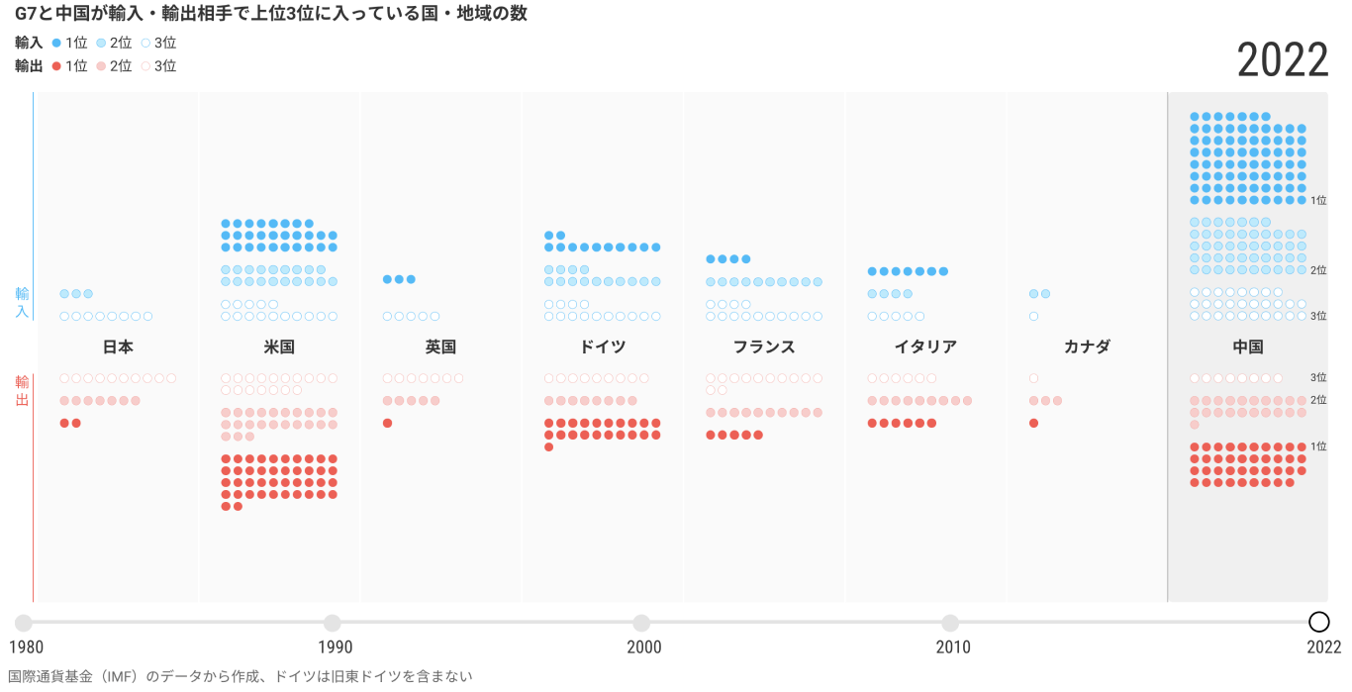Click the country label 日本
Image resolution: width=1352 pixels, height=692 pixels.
[x=118, y=346]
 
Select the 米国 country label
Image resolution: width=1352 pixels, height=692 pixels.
[x=279, y=346]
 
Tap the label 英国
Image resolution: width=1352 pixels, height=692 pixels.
[x=440, y=346]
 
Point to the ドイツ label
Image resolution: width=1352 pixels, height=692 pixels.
[x=602, y=346]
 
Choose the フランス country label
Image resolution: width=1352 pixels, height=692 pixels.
[x=764, y=346]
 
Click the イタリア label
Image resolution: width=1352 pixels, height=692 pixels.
[x=925, y=346]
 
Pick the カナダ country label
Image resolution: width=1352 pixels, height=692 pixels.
[x=1087, y=346]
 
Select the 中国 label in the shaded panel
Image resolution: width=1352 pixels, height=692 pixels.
[x=1248, y=346]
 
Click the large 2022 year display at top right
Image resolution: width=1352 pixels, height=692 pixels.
[x=1283, y=61]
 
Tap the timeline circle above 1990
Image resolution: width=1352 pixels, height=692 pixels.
[x=333, y=623]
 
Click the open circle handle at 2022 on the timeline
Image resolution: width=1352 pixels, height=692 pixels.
[x=1318, y=622]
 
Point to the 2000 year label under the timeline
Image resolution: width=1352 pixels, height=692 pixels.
[x=643, y=647]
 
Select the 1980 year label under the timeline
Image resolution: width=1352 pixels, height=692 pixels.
[x=26, y=647]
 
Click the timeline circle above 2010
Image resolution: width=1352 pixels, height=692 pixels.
[x=950, y=623]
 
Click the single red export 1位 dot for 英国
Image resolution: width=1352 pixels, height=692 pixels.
[x=387, y=423]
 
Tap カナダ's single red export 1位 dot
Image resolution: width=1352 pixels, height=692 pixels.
[x=1033, y=423]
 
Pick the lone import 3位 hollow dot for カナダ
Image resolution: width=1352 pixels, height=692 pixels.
[x=1033, y=317]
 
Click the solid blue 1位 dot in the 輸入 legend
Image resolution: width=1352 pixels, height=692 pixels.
[x=56, y=43]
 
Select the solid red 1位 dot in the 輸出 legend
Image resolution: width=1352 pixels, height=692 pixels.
[x=56, y=65]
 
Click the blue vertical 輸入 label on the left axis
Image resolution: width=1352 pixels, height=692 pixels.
[x=22, y=303]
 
